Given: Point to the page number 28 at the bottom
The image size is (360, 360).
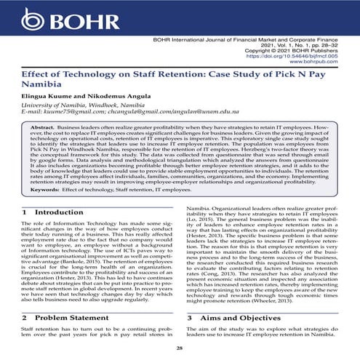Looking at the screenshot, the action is point(180,349).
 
